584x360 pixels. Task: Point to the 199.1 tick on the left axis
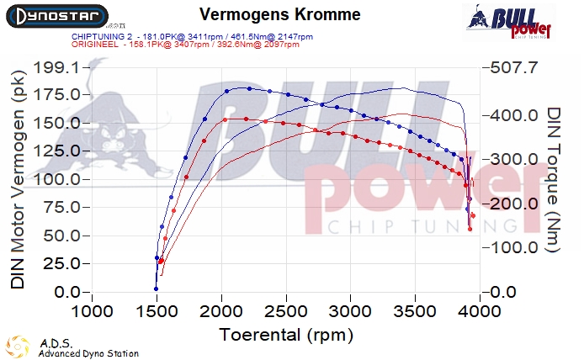[x=56, y=66]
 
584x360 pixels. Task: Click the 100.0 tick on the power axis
[x=56, y=179]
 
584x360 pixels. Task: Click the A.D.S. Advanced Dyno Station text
[x=88, y=348]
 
